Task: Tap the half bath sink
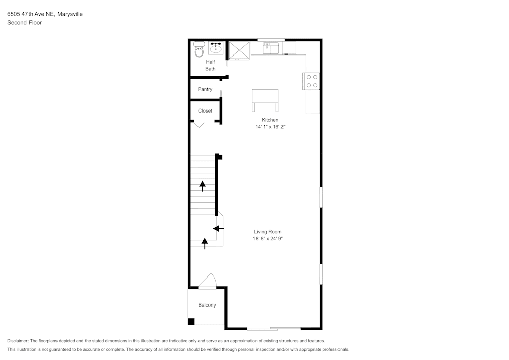pyautogui.click(x=215, y=48)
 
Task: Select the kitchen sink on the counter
pyautogui.click(x=271, y=48)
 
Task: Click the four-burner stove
pyautogui.click(x=312, y=81)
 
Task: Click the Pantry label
pyautogui.click(x=205, y=89)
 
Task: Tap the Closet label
pyautogui.click(x=205, y=110)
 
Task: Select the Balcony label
pyautogui.click(x=207, y=305)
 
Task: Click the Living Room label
pyautogui.click(x=268, y=232)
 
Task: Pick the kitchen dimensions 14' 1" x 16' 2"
pyautogui.click(x=270, y=127)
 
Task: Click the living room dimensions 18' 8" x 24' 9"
pyautogui.click(x=268, y=239)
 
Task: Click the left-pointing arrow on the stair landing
pyautogui.click(x=218, y=229)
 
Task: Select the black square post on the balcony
pyautogui.click(x=191, y=321)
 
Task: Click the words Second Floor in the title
pyautogui.click(x=24, y=23)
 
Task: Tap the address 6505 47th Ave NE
pyautogui.click(x=31, y=14)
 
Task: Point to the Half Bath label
pyautogui.click(x=210, y=65)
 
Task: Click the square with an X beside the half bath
pyautogui.click(x=239, y=50)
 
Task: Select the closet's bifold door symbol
pyautogui.click(x=199, y=124)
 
